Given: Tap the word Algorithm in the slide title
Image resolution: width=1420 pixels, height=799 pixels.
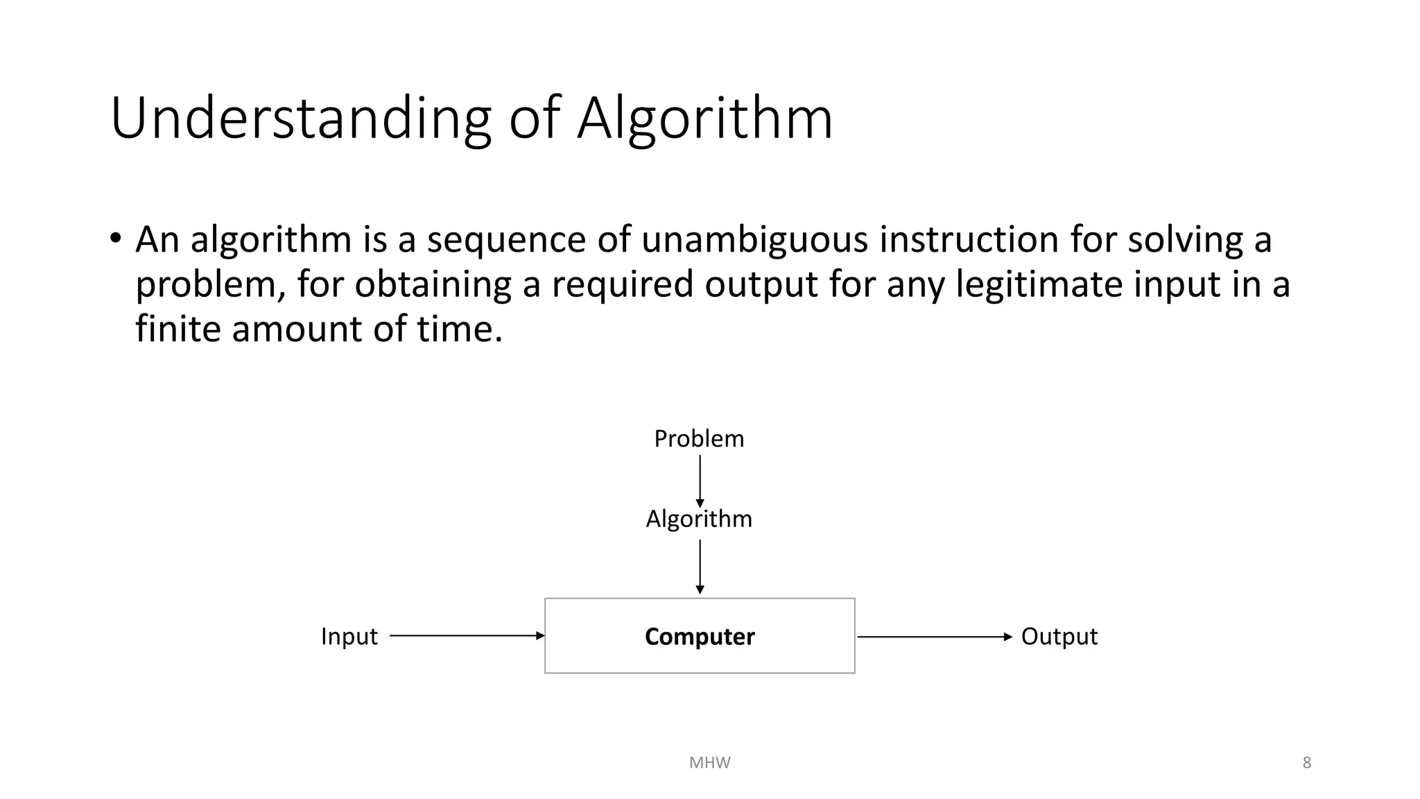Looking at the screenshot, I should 704,119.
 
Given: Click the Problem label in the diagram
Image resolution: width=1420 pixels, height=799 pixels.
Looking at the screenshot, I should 699,439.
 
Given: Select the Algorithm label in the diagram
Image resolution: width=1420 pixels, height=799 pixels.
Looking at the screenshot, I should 699,519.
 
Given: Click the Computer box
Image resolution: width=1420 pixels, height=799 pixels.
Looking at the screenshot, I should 700,636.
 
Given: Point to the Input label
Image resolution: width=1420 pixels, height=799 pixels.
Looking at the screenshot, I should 349,637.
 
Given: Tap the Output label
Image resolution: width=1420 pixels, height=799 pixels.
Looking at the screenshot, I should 1059,637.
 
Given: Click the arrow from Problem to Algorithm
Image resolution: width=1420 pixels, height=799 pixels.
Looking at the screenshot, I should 700,480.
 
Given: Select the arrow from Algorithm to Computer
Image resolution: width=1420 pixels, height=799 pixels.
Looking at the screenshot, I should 700,566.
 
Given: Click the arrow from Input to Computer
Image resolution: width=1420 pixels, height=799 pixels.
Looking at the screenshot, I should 467,635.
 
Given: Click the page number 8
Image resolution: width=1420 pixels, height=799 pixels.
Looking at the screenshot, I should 1306,763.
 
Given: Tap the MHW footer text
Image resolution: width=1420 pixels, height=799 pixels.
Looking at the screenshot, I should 709,763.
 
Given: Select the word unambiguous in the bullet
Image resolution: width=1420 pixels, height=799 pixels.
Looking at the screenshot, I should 754,240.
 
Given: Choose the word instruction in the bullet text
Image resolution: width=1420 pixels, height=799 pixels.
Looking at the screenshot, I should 969,240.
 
